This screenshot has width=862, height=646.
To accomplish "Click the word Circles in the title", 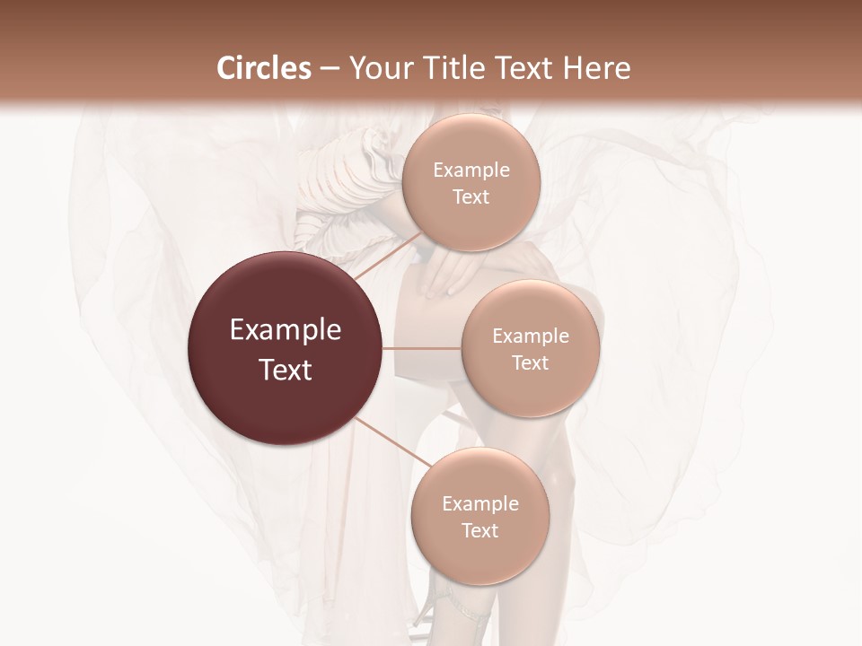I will [264, 68].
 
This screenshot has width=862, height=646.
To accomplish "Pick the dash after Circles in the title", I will [329, 69].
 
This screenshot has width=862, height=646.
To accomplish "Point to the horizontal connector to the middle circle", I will [422, 348].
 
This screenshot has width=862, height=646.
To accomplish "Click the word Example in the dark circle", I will [286, 330].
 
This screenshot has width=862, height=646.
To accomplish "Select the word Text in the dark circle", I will [286, 370].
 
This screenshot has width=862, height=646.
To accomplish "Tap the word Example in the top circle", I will [471, 170].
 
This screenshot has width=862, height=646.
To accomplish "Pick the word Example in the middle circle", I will [530, 336].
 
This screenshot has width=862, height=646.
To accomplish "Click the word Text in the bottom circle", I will [479, 530].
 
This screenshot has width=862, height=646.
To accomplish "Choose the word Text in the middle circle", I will [530, 362].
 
